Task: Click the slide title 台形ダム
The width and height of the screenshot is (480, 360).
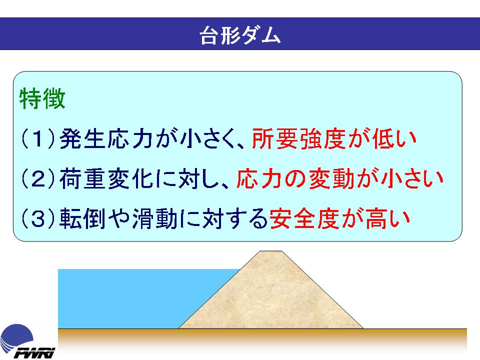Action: click(240, 35)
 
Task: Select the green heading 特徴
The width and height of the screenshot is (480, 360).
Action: click(42, 98)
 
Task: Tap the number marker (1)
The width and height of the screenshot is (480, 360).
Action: click(38, 138)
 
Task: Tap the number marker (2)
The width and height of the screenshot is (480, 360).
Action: click(38, 178)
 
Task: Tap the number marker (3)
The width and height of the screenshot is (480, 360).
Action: click(38, 218)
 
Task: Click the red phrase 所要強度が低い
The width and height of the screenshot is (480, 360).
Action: click(333, 138)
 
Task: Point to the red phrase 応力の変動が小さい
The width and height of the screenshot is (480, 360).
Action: click(340, 178)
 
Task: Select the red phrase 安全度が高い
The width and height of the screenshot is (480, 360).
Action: click(339, 218)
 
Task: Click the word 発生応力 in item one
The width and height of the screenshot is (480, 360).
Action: click(106, 138)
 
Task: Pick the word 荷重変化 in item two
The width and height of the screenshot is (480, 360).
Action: click(106, 178)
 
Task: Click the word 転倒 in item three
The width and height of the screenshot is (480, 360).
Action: click(82, 218)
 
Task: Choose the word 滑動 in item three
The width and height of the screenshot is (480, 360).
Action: click(155, 218)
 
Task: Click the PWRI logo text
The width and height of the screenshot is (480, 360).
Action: click(34, 352)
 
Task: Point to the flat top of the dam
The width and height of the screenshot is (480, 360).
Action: click(271, 251)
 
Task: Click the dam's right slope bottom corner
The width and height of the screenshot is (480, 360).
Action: click(363, 328)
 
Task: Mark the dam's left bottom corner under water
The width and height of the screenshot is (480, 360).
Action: click(178, 328)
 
